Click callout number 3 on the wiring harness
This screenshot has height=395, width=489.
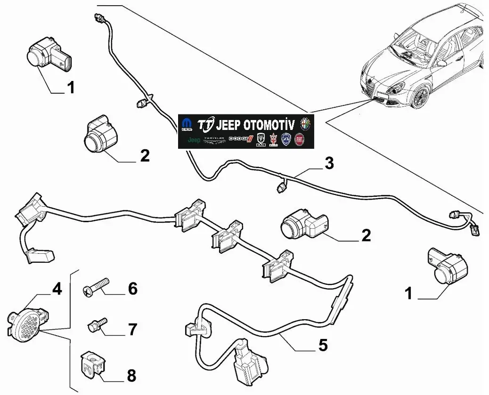329,164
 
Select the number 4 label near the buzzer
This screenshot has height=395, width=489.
57,289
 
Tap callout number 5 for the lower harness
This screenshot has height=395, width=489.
322,345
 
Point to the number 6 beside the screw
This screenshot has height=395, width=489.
132,289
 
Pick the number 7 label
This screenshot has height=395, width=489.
132,329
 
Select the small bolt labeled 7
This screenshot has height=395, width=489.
95,325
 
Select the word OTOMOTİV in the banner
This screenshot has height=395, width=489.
271,125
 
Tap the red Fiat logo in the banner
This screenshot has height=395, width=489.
299,139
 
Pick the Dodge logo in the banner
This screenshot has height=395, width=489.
240,139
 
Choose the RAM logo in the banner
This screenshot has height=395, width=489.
261,139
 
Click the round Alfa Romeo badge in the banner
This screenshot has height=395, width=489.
305,125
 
